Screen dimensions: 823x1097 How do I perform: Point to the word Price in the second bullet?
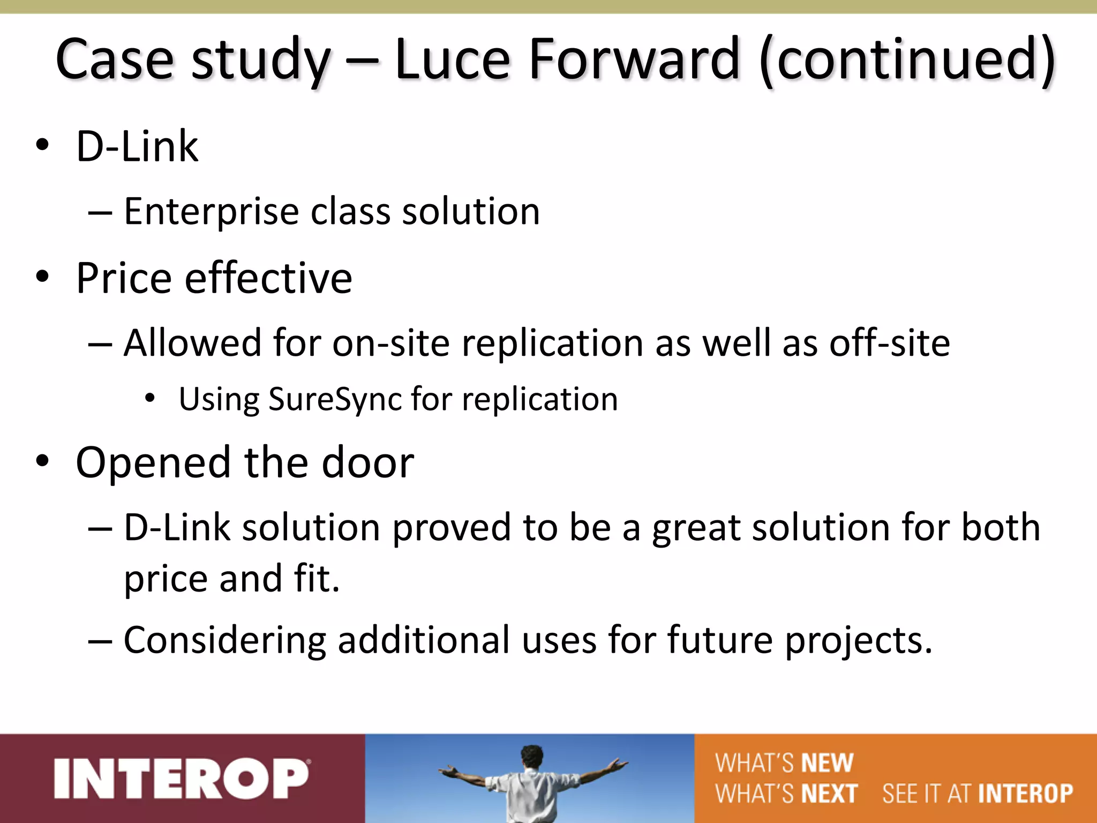pos(123,278)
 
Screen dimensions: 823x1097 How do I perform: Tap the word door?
pos(368,463)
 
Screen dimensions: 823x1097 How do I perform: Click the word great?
pos(695,528)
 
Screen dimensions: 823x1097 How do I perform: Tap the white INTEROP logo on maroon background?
pos(182,779)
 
